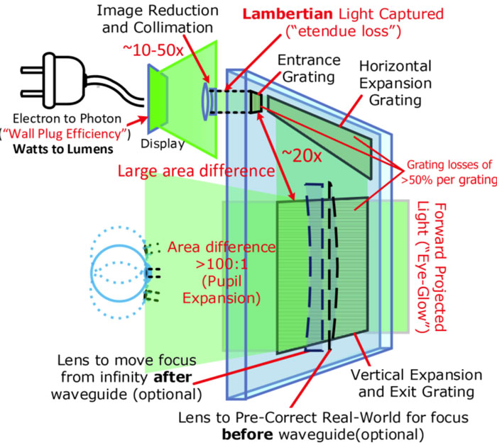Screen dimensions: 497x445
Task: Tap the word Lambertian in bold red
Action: [288, 14]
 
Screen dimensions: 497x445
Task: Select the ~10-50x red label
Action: [153, 50]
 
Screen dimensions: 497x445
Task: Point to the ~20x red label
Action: [302, 155]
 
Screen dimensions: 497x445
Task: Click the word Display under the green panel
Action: [163, 144]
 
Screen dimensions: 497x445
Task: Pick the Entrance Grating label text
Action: [309, 69]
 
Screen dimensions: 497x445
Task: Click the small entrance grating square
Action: [256, 102]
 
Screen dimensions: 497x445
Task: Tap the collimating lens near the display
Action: [206, 101]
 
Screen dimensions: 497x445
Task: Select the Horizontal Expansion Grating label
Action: [395, 83]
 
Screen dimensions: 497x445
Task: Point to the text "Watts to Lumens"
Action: [63, 150]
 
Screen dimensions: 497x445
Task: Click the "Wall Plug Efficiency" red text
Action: [65, 134]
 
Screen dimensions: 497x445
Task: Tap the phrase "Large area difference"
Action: [196, 171]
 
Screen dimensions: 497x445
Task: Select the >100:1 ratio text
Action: [222, 264]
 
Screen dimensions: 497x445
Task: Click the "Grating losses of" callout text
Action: [449, 165]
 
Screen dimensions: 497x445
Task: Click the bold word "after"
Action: [173, 377]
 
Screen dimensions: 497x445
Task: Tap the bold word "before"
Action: [247, 434]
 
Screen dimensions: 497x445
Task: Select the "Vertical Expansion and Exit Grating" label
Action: [417, 383]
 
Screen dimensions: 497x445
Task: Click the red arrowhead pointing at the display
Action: [143, 120]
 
